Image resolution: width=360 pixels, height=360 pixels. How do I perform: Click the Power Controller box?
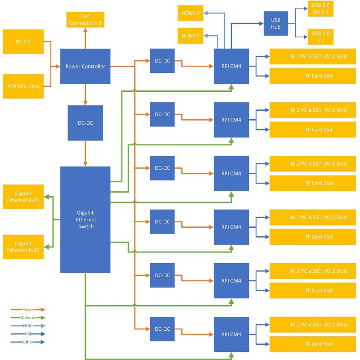pyautogui.click(x=85, y=66)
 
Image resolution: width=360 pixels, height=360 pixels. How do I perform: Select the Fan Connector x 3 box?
pyautogui.click(x=85, y=19)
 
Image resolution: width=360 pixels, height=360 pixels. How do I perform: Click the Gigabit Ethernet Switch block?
pyautogui.click(x=85, y=219)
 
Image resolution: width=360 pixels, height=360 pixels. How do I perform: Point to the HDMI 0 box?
pyautogui.click(x=190, y=13)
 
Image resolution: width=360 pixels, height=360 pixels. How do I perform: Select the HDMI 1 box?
pyautogui.click(x=190, y=36)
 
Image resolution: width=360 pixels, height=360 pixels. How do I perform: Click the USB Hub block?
pyautogui.click(x=275, y=23)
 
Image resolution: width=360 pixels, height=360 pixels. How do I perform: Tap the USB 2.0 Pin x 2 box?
pyautogui.click(x=320, y=9)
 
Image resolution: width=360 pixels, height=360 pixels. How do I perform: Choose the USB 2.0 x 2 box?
pyautogui.click(x=320, y=36)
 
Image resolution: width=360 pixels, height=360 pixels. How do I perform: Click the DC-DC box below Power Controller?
pyautogui.click(x=85, y=122)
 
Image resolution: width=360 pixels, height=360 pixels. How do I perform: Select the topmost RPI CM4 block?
pyautogui.click(x=231, y=66)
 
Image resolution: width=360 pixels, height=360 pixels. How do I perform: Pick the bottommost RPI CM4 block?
pyautogui.click(x=231, y=334)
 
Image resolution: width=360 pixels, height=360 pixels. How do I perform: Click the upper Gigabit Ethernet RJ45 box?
pyautogui.click(x=23, y=197)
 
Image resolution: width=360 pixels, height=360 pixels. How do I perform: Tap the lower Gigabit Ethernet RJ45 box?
pyautogui.click(x=23, y=247)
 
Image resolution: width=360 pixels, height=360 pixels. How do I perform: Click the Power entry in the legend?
pyautogui.click(x=28, y=310)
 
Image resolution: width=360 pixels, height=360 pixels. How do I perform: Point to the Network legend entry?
pyautogui.click(x=28, y=318)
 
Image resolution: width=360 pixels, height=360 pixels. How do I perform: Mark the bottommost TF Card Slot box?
pyautogui.click(x=319, y=344)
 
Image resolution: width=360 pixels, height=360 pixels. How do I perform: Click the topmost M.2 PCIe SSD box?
pyautogui.click(x=319, y=57)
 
